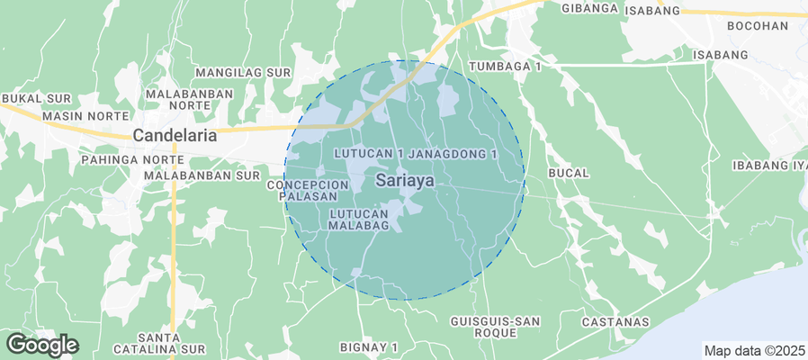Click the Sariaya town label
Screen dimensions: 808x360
click(405, 180)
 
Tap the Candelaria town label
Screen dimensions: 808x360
click(175, 136)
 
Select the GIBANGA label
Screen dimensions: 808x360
click(589, 8)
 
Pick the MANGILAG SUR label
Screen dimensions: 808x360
click(244, 71)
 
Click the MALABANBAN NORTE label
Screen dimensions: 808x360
click(190, 99)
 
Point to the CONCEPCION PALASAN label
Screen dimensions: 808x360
click(301, 190)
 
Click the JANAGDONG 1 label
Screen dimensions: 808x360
click(459, 155)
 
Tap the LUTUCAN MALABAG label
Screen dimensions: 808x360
click(358, 220)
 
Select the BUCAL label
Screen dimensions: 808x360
click(567, 173)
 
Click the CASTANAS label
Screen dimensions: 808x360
click(615, 321)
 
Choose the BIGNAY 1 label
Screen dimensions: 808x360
click(369, 346)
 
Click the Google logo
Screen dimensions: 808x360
click(41, 344)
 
